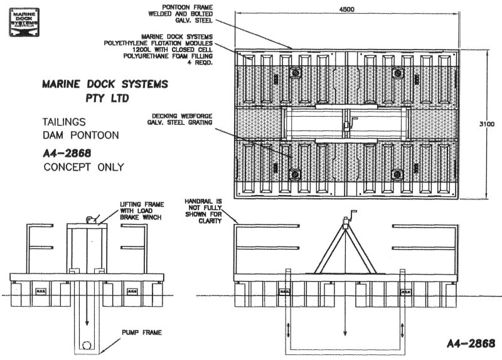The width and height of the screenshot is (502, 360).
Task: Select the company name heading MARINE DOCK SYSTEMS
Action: coord(103,83)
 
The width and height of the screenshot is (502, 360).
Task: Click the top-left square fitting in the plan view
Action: coord(294,73)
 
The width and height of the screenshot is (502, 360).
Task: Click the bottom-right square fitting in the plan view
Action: coord(397,173)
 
